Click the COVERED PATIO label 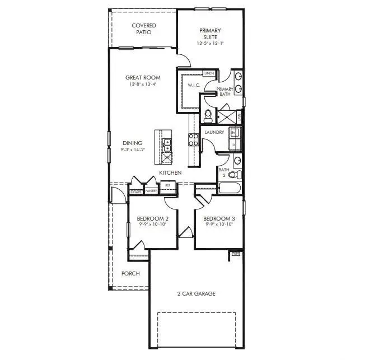[x=144, y=29]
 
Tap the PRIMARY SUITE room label [x=211, y=34]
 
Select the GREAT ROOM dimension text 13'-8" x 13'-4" [x=143, y=85]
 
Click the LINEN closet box [x=209, y=73]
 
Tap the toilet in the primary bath [x=208, y=115]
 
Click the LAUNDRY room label [x=214, y=133]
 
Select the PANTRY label [x=151, y=191]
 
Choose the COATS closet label [x=135, y=191]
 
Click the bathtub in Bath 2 [x=230, y=187]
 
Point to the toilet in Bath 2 [x=233, y=175]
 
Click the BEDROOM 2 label [x=153, y=218]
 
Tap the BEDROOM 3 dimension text [x=218, y=225]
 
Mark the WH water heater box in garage [x=235, y=254]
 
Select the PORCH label [x=130, y=273]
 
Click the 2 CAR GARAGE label [x=196, y=293]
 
